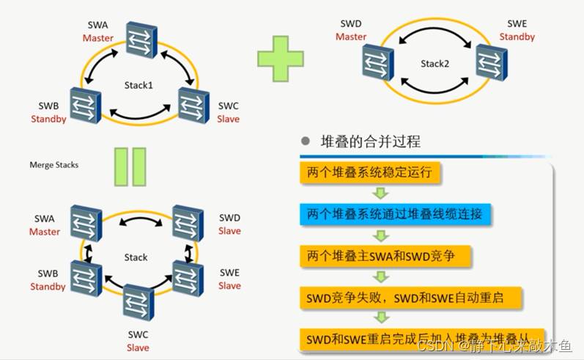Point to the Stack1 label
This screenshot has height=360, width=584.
click(x=138, y=86)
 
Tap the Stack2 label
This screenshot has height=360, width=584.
click(x=434, y=64)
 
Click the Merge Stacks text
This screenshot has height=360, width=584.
click(x=54, y=165)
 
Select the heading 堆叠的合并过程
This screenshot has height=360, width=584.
click(x=371, y=142)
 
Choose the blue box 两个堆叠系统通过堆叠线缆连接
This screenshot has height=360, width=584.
click(x=395, y=214)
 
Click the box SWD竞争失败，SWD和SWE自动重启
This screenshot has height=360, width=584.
click(x=411, y=298)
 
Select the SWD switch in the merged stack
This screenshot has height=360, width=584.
click(x=188, y=223)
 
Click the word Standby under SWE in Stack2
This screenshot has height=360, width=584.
click(x=517, y=37)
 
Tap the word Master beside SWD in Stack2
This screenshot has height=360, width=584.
click(x=351, y=37)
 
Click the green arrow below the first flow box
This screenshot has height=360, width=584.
click(x=380, y=194)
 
